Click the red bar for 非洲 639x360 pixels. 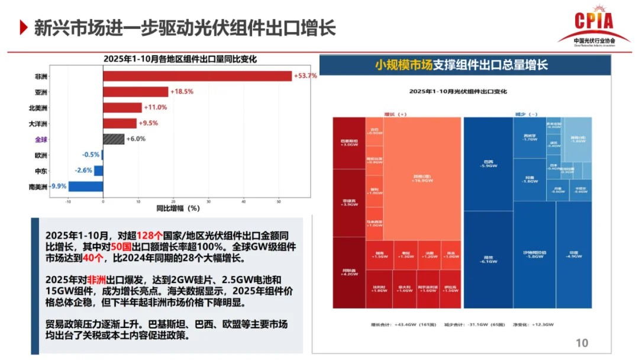[x=197, y=76]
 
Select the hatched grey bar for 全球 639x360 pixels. [x=114, y=139]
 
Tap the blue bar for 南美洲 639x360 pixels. [x=86, y=187]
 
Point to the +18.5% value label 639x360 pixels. [x=182, y=92]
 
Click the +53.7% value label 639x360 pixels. [x=306, y=76]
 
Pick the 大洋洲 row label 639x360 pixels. [x=54, y=124]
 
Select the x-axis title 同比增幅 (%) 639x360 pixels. [x=178, y=208]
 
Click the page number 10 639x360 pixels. [x=582, y=343]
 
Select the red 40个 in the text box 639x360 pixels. [x=93, y=258]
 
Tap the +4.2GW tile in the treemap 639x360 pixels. [x=348, y=273]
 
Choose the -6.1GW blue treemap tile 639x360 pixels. [x=488, y=261]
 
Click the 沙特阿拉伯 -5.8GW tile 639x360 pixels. [x=534, y=255]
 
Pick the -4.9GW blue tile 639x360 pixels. [x=573, y=255]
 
